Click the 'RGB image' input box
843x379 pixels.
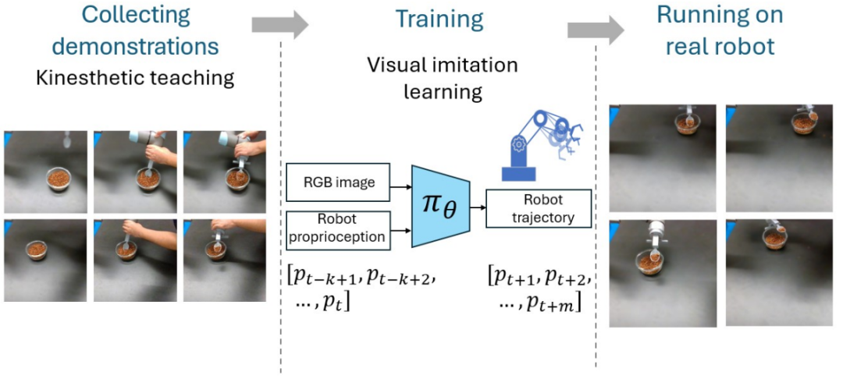pos(338,182)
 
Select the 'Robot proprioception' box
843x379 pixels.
pos(338,229)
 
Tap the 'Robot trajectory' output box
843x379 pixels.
pos(538,207)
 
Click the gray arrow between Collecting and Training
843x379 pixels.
pos(279,25)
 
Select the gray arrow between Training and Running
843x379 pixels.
pos(596,30)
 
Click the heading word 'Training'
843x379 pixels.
pos(439,19)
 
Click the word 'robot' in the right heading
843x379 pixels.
pos(747,47)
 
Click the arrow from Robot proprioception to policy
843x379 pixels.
pos(400,230)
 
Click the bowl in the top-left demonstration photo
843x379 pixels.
pos(58,179)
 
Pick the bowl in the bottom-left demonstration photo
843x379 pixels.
pos(37,250)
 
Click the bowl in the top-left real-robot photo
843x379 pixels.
pos(686,124)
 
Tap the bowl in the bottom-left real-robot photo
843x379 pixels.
pos(649,262)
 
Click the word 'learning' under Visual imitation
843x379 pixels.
pos(443,92)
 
